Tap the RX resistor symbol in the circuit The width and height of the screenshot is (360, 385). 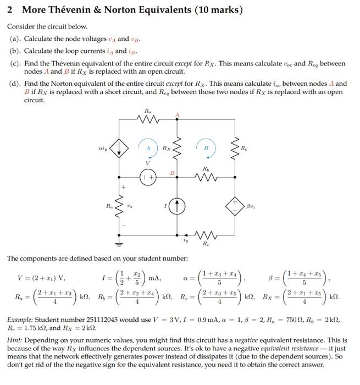click(x=177, y=147)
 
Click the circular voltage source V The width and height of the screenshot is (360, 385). click(x=147, y=178)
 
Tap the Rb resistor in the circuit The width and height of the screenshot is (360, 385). click(x=206, y=177)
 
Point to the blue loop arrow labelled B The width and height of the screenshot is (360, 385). click(x=206, y=149)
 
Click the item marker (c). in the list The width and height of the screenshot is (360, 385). click(x=14, y=64)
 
